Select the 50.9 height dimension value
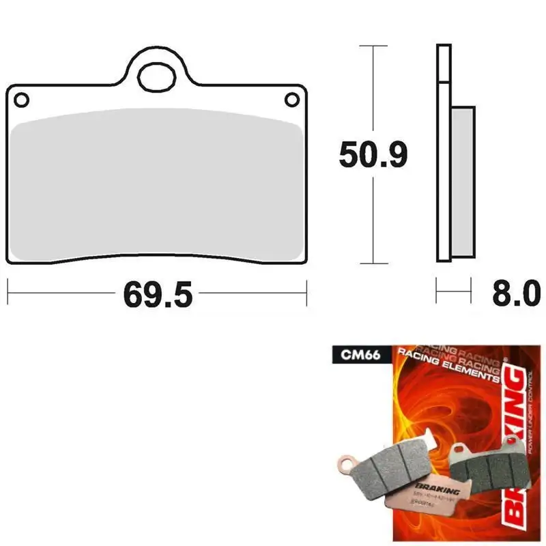373,156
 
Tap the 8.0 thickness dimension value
515,295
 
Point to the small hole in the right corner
291,100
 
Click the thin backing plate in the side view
443,154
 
